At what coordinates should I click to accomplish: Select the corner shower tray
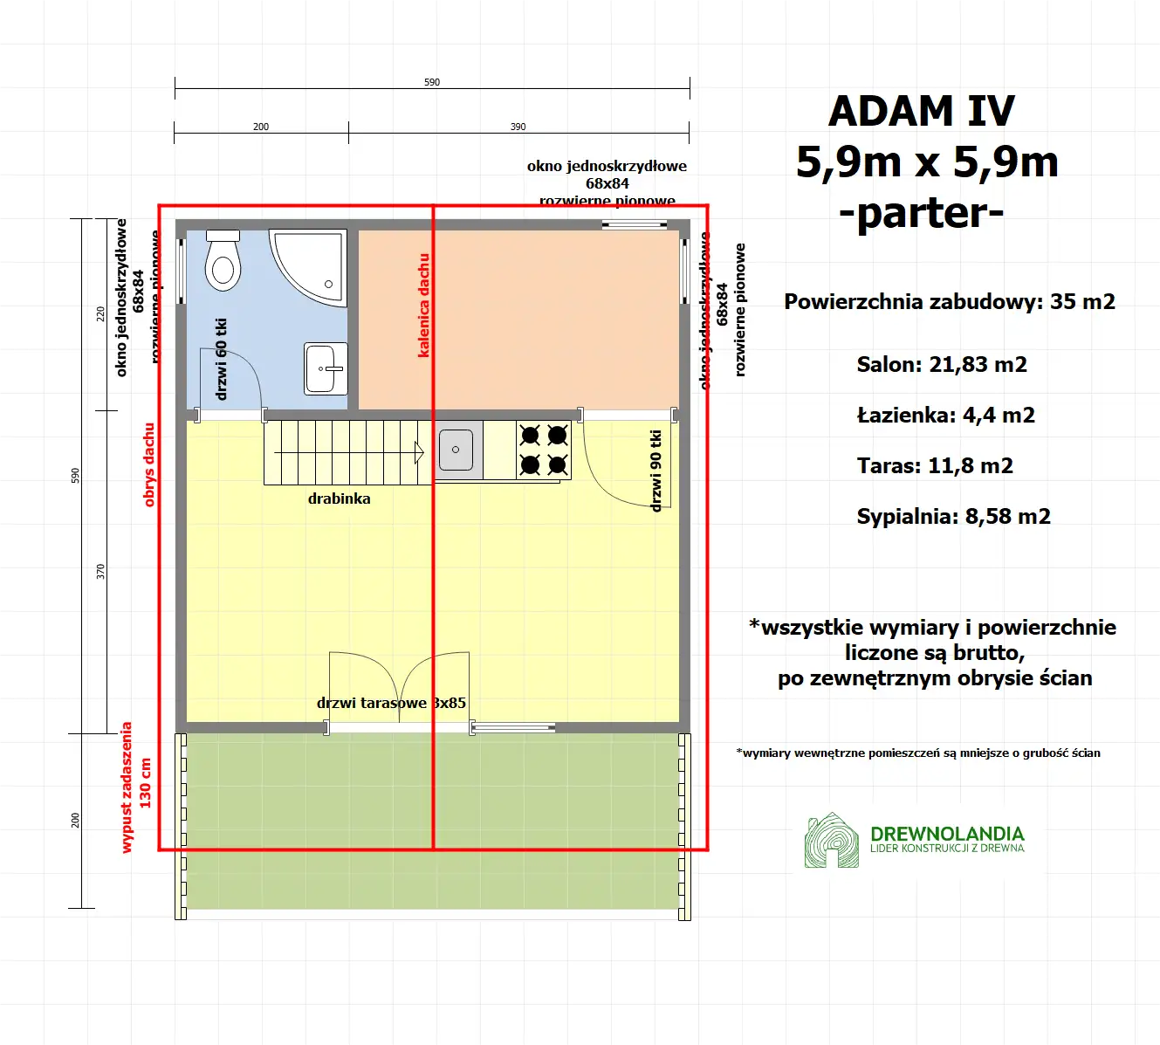(x=311, y=265)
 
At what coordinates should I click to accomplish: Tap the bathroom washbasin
(x=326, y=368)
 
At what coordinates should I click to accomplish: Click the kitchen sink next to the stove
(x=456, y=450)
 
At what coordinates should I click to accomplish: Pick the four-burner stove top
(x=544, y=450)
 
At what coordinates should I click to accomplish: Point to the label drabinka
(x=339, y=498)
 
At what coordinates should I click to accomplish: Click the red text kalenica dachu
(x=424, y=306)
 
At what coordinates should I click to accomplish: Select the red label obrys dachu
(x=149, y=464)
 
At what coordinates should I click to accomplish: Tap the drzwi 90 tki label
(x=656, y=471)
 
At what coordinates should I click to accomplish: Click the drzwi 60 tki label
(x=221, y=359)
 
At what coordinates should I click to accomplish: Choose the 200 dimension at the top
(x=261, y=127)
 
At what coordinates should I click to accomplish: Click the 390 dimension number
(x=518, y=127)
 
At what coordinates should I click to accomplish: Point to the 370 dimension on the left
(x=100, y=572)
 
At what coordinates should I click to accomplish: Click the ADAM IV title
(x=922, y=111)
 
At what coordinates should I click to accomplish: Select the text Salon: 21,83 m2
(x=942, y=365)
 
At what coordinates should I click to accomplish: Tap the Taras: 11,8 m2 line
(x=935, y=466)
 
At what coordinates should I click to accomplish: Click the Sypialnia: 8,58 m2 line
(x=953, y=517)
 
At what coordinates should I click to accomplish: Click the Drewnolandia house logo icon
(x=831, y=841)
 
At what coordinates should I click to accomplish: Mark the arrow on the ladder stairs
(x=418, y=452)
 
